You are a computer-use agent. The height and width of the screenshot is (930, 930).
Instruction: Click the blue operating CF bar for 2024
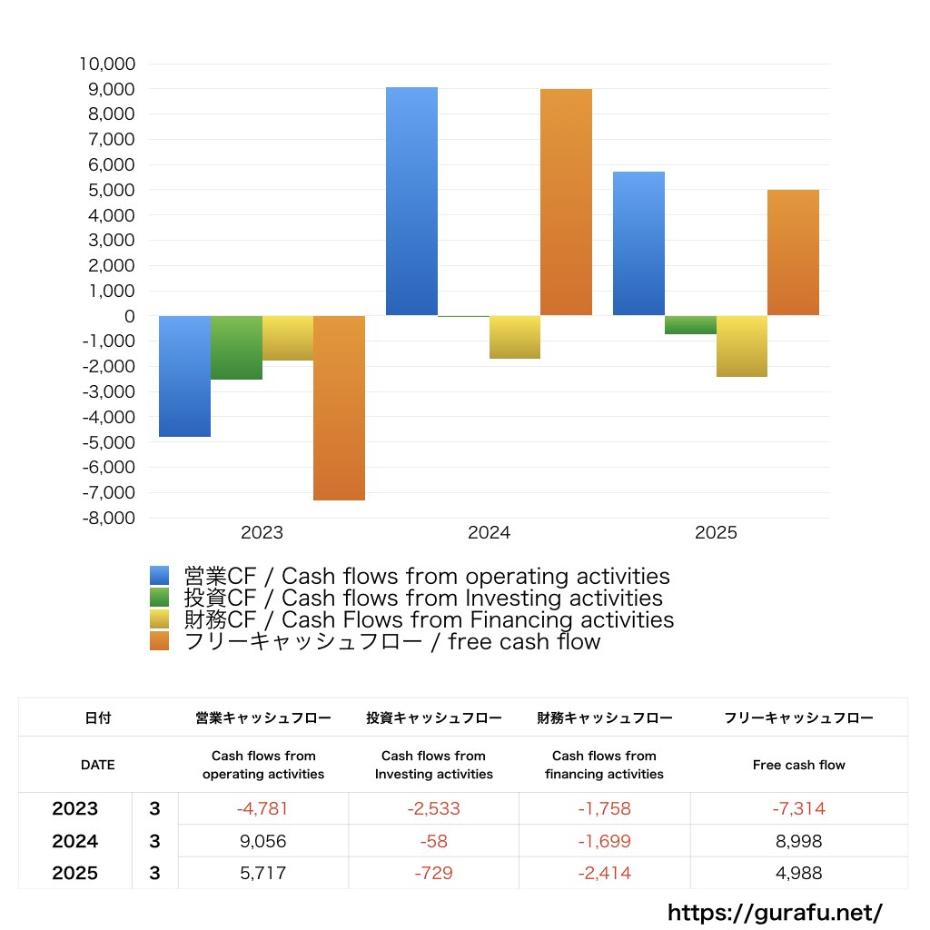(x=411, y=202)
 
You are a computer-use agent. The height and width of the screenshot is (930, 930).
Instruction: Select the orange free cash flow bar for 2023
(x=339, y=408)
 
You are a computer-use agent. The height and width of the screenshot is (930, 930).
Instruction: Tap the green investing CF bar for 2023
(x=236, y=348)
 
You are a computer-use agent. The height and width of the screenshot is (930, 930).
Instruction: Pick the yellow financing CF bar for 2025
(x=741, y=346)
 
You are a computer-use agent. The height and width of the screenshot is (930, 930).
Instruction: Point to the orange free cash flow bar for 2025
(x=793, y=252)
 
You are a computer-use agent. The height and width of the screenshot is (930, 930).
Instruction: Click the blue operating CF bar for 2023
(x=184, y=376)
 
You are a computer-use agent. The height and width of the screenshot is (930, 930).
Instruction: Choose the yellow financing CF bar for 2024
(x=514, y=337)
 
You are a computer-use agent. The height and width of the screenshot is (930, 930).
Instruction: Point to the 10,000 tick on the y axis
(x=107, y=64)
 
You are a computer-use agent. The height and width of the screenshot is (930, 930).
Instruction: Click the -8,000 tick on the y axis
(x=107, y=518)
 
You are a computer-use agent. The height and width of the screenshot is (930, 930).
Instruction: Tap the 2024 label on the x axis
(x=489, y=533)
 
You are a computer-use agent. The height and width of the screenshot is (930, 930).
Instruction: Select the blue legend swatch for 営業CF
(x=160, y=576)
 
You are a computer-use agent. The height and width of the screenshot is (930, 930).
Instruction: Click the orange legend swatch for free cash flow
(x=160, y=641)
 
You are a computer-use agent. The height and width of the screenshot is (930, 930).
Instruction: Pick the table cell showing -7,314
(x=798, y=808)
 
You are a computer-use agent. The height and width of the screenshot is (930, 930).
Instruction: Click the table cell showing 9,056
(x=262, y=841)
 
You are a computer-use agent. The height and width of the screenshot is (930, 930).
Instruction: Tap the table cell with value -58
(x=433, y=841)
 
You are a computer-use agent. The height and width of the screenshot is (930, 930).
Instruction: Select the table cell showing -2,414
(x=604, y=874)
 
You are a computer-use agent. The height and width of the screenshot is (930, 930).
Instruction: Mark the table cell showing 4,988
(x=798, y=874)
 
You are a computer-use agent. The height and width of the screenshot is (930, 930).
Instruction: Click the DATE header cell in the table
(x=98, y=765)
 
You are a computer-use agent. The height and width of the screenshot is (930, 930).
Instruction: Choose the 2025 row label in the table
(x=75, y=874)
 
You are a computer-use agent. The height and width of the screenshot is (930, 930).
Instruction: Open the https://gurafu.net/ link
(x=775, y=912)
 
